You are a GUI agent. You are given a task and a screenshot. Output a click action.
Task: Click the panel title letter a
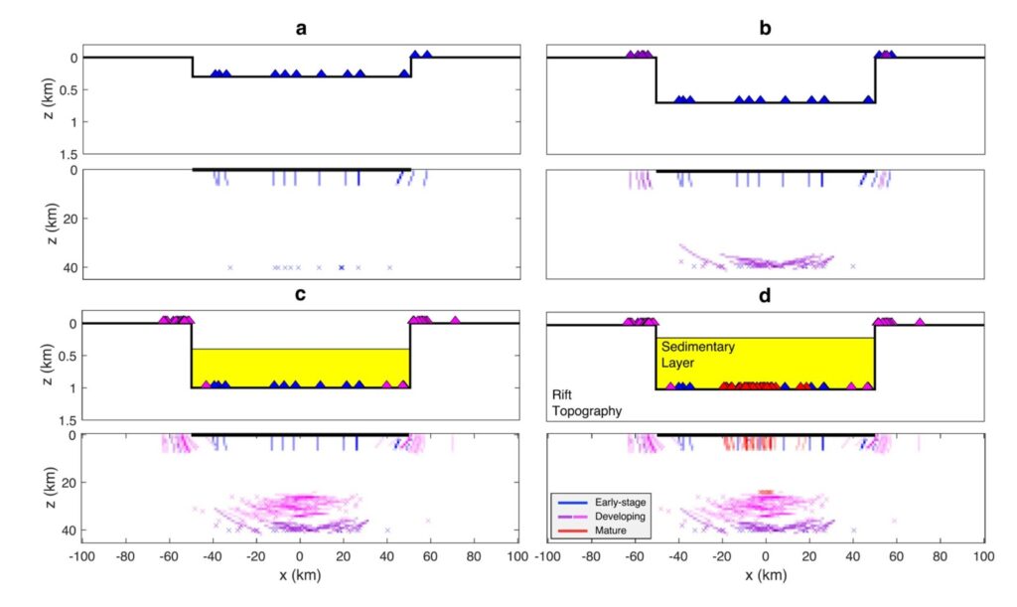click(x=301, y=28)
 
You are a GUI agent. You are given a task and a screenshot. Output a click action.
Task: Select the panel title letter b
click(x=765, y=28)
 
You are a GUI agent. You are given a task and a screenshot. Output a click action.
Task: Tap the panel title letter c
click(x=301, y=296)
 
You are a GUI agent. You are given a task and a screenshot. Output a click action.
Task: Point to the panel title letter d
click(x=765, y=296)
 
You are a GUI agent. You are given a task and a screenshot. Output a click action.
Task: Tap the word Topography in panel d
click(x=587, y=409)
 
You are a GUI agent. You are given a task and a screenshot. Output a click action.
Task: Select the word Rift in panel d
click(x=563, y=394)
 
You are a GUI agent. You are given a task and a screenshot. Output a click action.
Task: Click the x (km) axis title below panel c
click(x=301, y=575)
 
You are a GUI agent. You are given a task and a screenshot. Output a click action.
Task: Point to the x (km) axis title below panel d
click(x=765, y=575)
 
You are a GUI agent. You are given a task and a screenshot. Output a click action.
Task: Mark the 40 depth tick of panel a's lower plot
click(x=69, y=267)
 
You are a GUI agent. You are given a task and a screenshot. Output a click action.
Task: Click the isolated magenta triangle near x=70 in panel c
click(x=455, y=320)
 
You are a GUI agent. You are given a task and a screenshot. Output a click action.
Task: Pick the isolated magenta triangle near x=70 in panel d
click(x=920, y=321)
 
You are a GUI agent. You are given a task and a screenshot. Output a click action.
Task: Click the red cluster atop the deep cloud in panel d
click(x=766, y=492)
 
